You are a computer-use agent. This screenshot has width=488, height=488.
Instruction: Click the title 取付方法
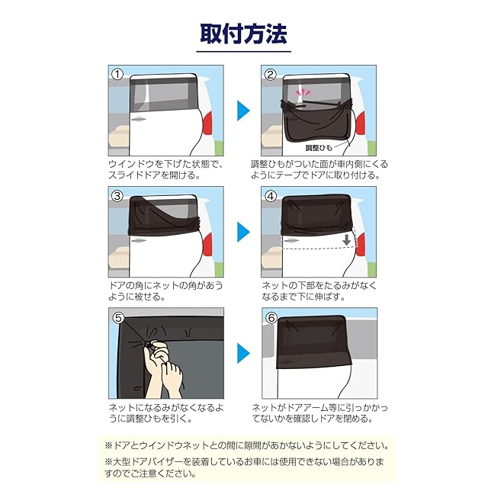[243, 34]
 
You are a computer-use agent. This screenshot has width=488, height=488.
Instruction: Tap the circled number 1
[117, 75]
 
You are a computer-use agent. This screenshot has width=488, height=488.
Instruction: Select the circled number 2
[270, 75]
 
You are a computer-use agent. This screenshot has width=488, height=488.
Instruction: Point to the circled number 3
[117, 196]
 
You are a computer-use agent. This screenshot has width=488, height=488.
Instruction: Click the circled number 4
[270, 196]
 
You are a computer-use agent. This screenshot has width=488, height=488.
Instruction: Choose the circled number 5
[118, 318]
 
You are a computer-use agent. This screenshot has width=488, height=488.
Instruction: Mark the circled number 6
[271, 318]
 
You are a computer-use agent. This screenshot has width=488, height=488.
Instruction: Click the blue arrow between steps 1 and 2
[243, 111]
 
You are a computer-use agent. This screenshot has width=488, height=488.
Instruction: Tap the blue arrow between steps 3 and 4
[243, 232]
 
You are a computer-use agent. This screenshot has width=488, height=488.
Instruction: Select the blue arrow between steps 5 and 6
[243, 353]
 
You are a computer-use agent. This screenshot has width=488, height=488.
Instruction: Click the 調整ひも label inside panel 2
[319, 148]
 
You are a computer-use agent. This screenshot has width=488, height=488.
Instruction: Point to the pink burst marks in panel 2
[303, 92]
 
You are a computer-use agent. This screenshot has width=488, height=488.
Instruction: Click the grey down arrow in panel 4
[346, 240]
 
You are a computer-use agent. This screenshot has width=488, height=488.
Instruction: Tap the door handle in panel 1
[139, 119]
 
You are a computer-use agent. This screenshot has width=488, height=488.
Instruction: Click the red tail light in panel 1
[208, 123]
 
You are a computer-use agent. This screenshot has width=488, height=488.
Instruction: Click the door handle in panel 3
[139, 240]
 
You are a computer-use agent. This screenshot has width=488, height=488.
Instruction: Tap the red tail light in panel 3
[208, 244]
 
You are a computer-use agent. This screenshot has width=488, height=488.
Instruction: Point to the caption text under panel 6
[320, 413]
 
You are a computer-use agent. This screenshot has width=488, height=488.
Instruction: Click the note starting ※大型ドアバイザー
[244, 467]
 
